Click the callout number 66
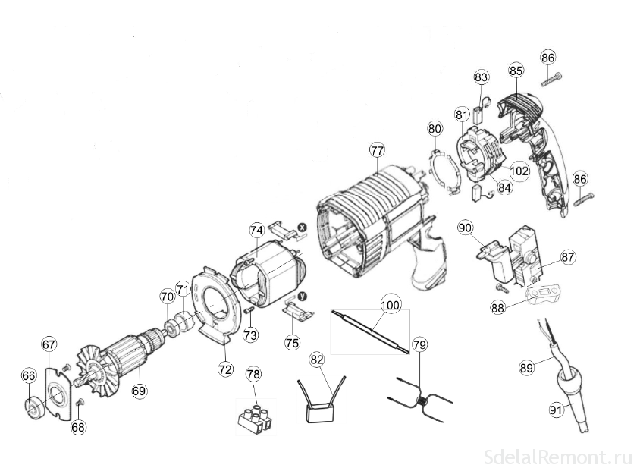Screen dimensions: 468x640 click(28, 375)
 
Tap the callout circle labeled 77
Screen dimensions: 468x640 click(378, 150)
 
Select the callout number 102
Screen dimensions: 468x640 click(519, 171)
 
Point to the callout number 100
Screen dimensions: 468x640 click(390, 306)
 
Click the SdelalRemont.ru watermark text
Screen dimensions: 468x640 click(557, 457)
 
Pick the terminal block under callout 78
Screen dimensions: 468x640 click(256, 419)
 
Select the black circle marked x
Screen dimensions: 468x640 click(301, 226)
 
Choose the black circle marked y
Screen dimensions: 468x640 click(302, 296)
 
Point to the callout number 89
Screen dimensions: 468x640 click(526, 367)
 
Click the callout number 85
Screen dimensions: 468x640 click(516, 71)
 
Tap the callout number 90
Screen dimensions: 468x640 click(465, 227)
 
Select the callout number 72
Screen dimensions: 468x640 click(225, 369)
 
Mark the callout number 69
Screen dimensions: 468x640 click(139, 391)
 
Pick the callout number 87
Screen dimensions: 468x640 click(569, 257)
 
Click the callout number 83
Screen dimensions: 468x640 click(481, 77)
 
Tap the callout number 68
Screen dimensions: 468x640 click(79, 426)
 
